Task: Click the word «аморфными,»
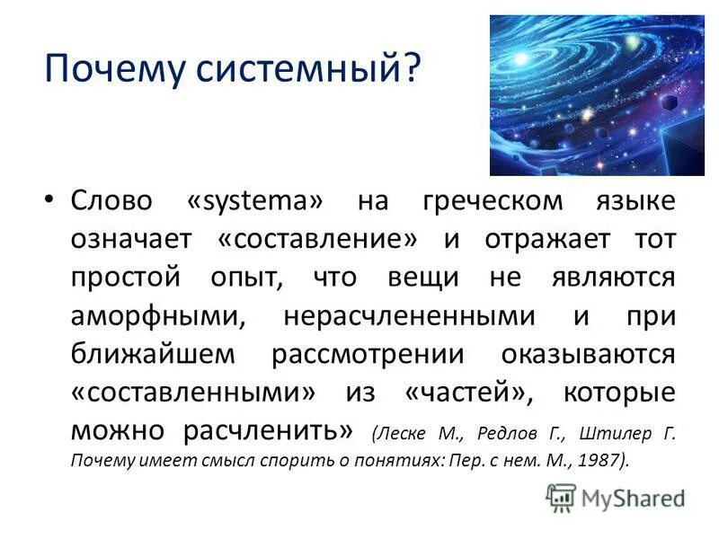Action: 156,316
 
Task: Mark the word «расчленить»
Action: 270,431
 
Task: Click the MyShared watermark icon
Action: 560,496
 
